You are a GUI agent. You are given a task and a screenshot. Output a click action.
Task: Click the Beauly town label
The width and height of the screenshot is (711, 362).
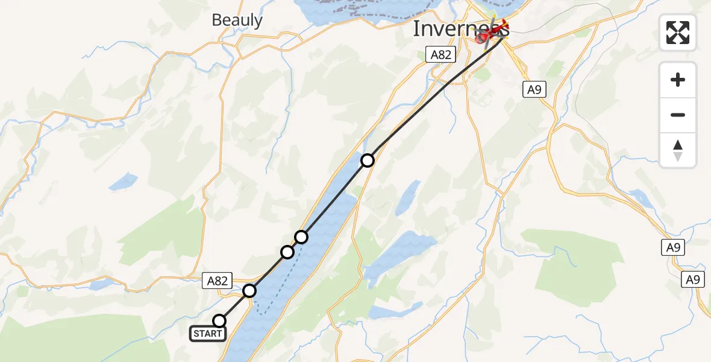click(237, 21)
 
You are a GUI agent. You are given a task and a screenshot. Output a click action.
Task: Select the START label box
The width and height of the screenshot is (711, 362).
click(208, 333)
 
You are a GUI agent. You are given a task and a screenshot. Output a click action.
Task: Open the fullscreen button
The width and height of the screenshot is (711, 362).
click(678, 33)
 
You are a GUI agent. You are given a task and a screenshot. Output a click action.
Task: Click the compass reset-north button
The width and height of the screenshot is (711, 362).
click(678, 150)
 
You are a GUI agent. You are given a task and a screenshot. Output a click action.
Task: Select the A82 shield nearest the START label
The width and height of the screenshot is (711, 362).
click(218, 281)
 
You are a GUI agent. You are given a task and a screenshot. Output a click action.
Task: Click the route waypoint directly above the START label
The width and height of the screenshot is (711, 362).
click(220, 320)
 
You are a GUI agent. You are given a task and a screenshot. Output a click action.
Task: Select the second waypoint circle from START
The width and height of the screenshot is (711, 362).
click(249, 291)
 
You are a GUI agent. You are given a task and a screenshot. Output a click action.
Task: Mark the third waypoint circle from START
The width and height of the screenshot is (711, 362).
click(287, 252)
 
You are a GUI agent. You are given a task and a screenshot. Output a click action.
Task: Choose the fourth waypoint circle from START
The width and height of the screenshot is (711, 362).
click(301, 237)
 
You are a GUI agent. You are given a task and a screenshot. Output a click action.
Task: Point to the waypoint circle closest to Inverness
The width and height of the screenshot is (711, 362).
click(368, 160)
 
